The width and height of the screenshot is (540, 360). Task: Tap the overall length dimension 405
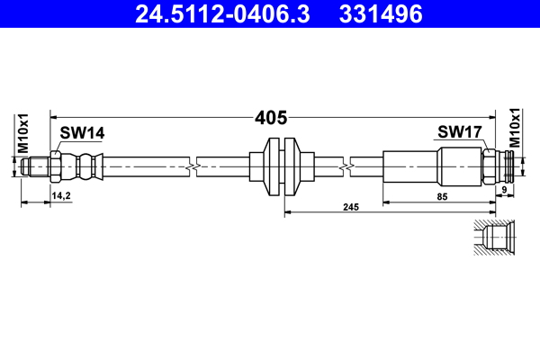click(x=271, y=117)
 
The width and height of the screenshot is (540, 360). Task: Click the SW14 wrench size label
click(x=82, y=133)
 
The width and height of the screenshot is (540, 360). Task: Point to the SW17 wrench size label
click(x=461, y=133)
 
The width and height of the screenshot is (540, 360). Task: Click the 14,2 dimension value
click(x=61, y=194)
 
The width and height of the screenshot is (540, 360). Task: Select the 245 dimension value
click(x=351, y=207)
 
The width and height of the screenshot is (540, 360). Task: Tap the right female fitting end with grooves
click(x=504, y=166)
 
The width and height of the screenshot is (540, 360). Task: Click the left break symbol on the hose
click(x=192, y=166)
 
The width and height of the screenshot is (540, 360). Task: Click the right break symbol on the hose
click(x=346, y=166)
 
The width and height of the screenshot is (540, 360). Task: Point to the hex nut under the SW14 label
click(x=57, y=166)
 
